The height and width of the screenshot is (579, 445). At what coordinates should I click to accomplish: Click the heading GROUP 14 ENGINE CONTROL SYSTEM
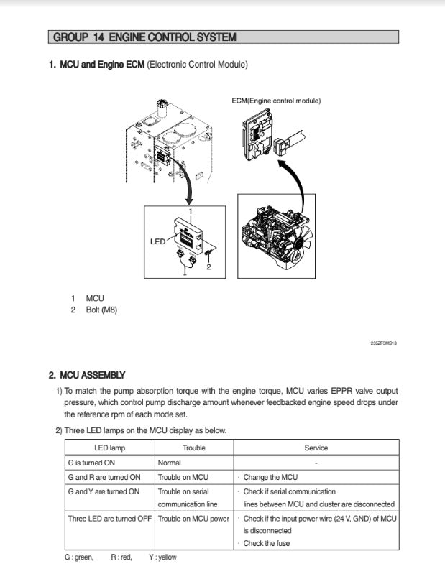click(144, 37)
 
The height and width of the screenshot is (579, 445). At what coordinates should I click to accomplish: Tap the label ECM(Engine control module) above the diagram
click(276, 101)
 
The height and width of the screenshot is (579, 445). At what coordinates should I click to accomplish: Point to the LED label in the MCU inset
click(158, 241)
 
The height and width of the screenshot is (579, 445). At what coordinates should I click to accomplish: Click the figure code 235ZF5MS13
click(383, 343)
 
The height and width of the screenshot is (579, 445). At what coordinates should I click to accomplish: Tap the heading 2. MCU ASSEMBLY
click(87, 375)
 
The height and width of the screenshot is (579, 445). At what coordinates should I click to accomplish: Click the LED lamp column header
click(109, 448)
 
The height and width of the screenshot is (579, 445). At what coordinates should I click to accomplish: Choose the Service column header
click(316, 448)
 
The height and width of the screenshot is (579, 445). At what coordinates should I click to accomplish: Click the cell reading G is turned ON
click(91, 463)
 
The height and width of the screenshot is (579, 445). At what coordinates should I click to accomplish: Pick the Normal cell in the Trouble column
click(170, 463)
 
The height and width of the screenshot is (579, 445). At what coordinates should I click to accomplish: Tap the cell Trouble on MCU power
click(193, 518)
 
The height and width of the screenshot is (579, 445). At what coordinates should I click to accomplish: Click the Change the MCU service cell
click(270, 477)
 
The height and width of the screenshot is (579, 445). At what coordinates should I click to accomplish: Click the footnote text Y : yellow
click(162, 557)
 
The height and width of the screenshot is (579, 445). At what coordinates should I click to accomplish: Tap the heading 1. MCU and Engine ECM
click(97, 65)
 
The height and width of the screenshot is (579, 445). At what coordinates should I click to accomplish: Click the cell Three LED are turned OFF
click(109, 518)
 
